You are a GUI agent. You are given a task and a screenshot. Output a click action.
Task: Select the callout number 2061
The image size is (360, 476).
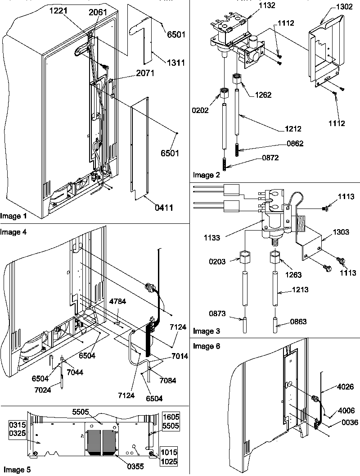click(98, 12)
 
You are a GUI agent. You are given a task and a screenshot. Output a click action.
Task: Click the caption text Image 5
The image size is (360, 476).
click(16, 470)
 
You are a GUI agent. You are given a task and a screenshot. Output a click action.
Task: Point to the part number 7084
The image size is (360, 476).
click(166, 381)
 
